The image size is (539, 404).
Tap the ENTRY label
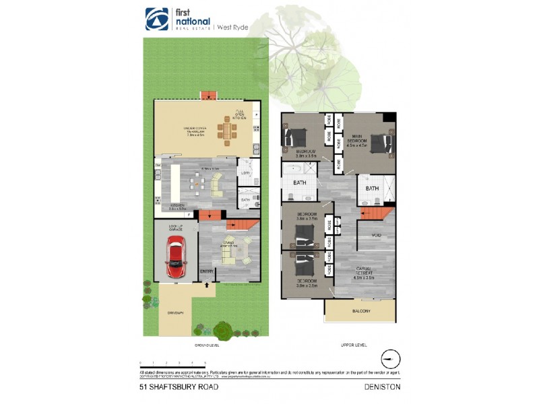(x=207, y=272)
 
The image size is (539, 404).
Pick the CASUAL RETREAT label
(x=364, y=272)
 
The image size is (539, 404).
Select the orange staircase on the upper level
(x=375, y=214)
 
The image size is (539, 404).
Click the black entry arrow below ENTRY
(x=207, y=284)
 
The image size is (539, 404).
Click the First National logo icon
(x=156, y=18)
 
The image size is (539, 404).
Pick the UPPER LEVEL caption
(x=353, y=345)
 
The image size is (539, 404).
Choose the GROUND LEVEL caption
(x=207, y=345)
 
